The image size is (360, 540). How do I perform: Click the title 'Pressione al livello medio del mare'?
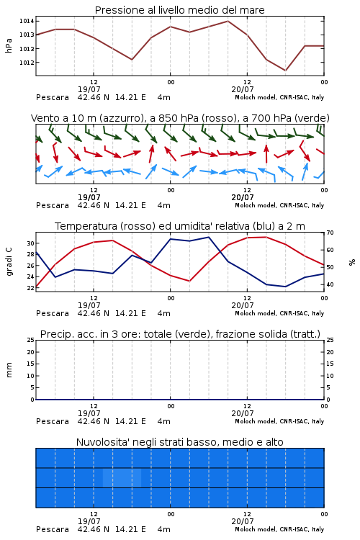[x=179, y=10]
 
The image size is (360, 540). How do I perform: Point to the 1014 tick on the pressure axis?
[x=27, y=22]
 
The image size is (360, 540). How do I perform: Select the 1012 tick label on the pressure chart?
[x=27, y=63]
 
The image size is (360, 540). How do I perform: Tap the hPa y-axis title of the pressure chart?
[x=9, y=45]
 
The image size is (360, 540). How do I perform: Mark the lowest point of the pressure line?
[x=285, y=71]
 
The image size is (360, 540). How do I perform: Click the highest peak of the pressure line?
[x=228, y=21]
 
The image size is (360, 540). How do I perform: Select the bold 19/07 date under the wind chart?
[x=89, y=198]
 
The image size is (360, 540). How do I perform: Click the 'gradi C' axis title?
[x=9, y=262]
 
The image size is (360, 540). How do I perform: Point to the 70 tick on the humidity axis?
[x=330, y=233]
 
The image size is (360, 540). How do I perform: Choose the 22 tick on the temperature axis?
[x=31, y=288]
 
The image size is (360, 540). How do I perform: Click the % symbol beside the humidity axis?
[x=352, y=262]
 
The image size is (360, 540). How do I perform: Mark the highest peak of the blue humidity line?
[x=208, y=237]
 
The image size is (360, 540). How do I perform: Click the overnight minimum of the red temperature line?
[x=189, y=281]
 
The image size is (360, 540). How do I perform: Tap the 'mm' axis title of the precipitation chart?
[x=9, y=370]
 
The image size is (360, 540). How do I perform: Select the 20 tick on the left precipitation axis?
[x=31, y=352]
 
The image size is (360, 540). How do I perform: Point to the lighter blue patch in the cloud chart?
[x=122, y=477]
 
